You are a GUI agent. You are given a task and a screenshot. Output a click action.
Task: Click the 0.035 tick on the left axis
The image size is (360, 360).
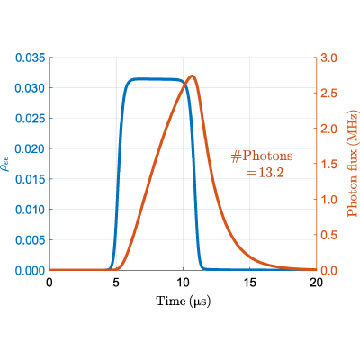[31, 58]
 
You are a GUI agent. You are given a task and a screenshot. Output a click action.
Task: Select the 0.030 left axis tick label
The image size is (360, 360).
[31, 88]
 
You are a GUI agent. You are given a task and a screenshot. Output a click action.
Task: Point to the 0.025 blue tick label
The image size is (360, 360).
[31, 119]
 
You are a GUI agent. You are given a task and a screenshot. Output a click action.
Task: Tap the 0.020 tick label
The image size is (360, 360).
[31, 148]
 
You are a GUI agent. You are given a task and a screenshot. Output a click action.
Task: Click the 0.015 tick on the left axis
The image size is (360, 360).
[31, 179]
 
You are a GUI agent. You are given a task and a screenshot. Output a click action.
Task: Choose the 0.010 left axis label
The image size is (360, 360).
[31, 210]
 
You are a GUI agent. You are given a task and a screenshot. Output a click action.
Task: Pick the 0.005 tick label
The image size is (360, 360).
[31, 240]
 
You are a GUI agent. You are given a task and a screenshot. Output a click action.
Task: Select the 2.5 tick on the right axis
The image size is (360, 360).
[328, 93]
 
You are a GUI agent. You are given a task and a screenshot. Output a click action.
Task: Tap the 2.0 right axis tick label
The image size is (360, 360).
[328, 129]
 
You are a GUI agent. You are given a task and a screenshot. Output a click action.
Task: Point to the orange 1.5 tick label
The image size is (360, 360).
[328, 164]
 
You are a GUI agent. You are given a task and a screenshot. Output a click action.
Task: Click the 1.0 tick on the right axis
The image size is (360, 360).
[328, 200]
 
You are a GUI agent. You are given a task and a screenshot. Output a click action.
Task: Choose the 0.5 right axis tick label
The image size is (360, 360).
[328, 235]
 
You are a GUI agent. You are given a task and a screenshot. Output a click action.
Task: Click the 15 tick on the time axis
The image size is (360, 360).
[250, 283]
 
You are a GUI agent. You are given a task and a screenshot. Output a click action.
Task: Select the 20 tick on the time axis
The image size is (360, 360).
[317, 283]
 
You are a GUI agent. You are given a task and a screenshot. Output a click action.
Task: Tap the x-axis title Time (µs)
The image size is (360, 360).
[184, 301]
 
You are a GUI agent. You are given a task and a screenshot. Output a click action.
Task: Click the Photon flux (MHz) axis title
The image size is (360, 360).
[353, 164]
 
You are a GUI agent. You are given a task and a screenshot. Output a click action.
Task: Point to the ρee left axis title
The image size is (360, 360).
[5, 164]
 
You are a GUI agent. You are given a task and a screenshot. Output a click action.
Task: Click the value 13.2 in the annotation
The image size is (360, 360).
[271, 173]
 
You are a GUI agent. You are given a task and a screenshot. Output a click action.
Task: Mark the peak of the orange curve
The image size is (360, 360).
[193, 76]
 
